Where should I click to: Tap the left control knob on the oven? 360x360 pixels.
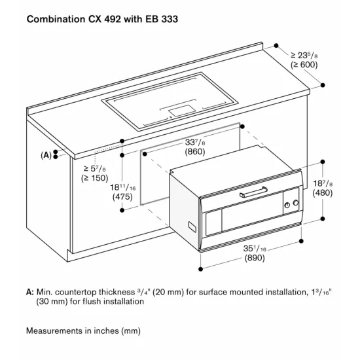pos(286,205)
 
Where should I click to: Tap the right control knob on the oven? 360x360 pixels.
pos(295,202)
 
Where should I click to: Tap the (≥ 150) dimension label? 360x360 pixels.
pos(95,177)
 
